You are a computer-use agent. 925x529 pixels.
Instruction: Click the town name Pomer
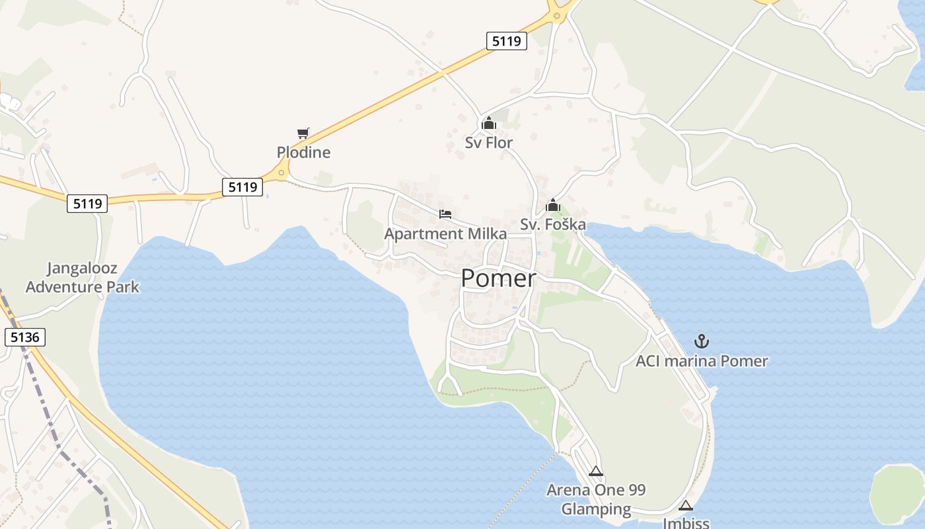point(498,279)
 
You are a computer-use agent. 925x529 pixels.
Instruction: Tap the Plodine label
point(303,153)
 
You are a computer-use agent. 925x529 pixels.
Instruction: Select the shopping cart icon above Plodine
point(303,134)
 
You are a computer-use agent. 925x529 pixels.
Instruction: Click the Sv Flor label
point(489,143)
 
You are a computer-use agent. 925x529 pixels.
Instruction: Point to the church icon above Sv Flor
point(489,124)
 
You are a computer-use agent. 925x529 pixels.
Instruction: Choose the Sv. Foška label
point(553,225)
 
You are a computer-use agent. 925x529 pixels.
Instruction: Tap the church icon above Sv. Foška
point(553,206)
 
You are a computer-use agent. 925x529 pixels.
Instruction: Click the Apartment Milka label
point(445,234)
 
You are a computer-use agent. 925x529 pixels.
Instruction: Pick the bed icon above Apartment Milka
point(445,214)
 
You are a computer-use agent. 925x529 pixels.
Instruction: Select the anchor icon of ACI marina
point(702,341)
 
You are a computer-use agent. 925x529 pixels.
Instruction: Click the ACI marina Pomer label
point(702,361)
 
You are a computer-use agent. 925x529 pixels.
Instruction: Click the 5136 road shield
point(26,337)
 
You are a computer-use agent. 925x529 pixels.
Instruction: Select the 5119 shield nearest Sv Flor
point(507,41)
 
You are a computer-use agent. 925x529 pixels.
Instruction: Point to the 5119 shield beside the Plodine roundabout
point(242,187)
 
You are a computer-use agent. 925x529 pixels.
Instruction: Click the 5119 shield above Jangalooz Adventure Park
point(87,204)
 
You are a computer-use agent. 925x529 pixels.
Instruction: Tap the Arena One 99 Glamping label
point(596,500)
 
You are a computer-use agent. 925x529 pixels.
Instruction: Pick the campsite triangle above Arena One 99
point(596,471)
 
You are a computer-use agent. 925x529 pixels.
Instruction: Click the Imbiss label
point(686,523)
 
